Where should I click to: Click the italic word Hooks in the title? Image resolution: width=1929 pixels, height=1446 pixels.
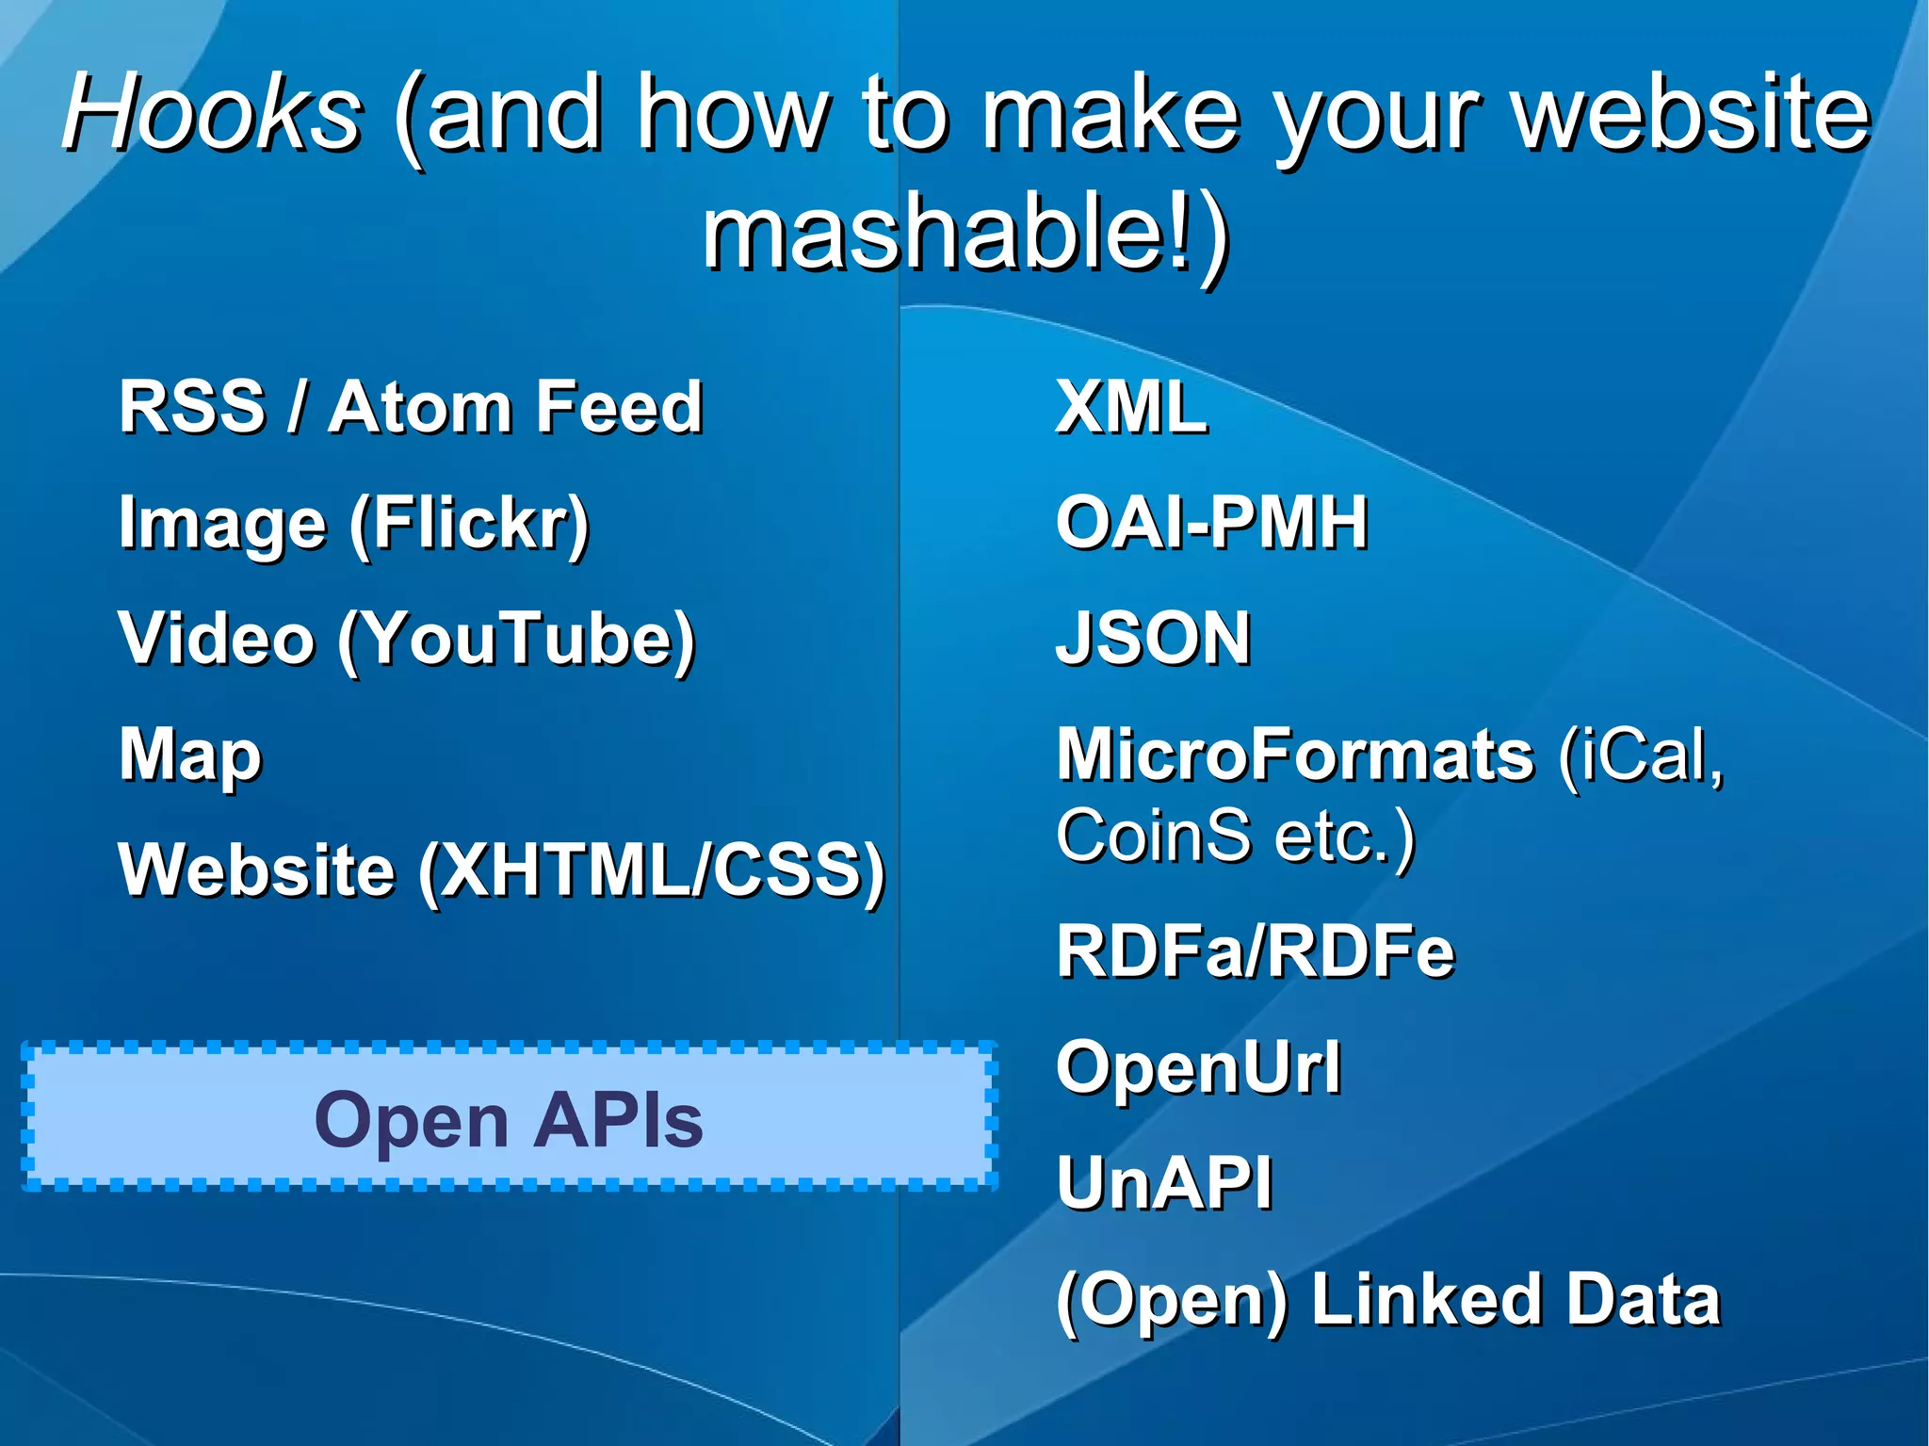(212, 115)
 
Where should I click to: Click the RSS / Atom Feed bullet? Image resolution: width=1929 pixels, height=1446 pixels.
(411, 407)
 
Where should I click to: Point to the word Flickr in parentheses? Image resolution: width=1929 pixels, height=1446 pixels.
(469, 524)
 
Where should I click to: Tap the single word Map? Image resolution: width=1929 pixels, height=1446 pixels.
(190, 756)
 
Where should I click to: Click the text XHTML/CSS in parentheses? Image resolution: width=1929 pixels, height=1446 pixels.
(652, 869)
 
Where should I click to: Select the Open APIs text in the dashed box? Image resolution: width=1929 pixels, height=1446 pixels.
(509, 1120)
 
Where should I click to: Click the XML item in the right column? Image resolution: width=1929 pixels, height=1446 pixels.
(1130, 407)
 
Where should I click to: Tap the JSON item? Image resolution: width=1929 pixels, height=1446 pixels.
(1153, 639)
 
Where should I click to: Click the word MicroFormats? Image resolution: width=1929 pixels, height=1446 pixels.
(1295, 755)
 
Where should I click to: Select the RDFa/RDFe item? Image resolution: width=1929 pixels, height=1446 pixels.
(1255, 951)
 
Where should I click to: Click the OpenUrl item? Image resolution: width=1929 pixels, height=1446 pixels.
(1198, 1067)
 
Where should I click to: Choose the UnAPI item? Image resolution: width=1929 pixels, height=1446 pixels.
(1164, 1183)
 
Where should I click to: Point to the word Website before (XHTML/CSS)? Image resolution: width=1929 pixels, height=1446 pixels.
(256, 869)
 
